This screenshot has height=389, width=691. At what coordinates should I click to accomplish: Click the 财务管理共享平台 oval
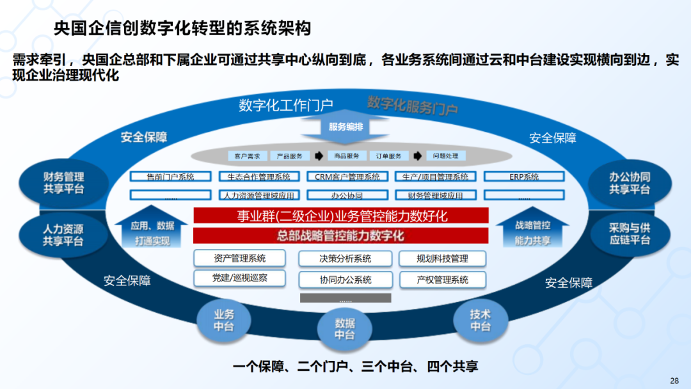tap(63, 183)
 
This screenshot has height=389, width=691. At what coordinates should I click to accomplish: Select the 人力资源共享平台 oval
tap(63, 234)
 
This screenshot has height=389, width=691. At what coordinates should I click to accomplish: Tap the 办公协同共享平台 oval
tap(630, 183)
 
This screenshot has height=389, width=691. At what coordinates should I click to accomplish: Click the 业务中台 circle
tap(223, 320)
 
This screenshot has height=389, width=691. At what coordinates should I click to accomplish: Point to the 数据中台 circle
tap(345, 328)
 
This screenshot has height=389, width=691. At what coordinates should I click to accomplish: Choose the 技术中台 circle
tap(480, 319)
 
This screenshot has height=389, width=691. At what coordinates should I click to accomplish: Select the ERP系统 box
tap(524, 177)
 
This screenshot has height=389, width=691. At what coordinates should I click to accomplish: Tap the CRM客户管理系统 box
tap(347, 177)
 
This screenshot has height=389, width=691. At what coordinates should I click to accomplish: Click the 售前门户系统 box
tap(170, 177)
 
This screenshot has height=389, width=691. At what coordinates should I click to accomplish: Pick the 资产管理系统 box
tap(239, 258)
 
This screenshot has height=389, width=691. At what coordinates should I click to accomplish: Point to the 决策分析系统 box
tap(345, 258)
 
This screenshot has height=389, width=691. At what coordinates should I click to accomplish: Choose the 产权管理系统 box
tap(442, 280)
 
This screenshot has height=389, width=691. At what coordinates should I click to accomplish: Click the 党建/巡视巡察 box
tap(239, 278)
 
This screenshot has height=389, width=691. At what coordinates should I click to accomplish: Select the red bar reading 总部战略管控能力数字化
tap(340, 236)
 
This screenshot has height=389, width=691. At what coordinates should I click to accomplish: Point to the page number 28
tap(674, 381)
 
